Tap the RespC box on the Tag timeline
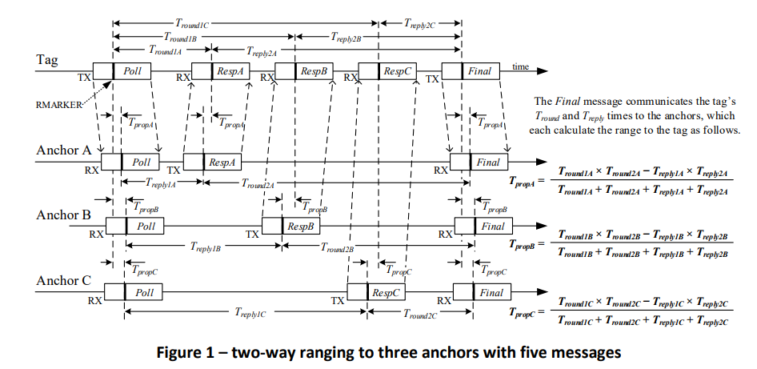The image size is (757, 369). [397, 71]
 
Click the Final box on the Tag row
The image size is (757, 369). [480, 71]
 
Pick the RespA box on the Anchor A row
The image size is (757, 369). [221, 162]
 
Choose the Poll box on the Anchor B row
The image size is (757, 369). [145, 226]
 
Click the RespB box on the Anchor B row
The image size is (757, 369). [302, 226]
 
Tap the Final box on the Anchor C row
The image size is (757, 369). [491, 292]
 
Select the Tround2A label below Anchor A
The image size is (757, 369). [258, 184]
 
